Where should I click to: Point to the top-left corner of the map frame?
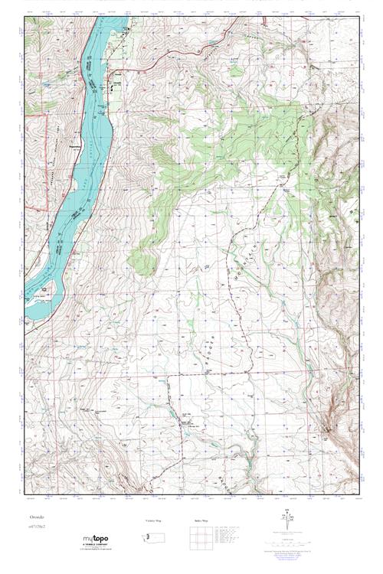24,18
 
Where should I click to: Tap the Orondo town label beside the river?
117,83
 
